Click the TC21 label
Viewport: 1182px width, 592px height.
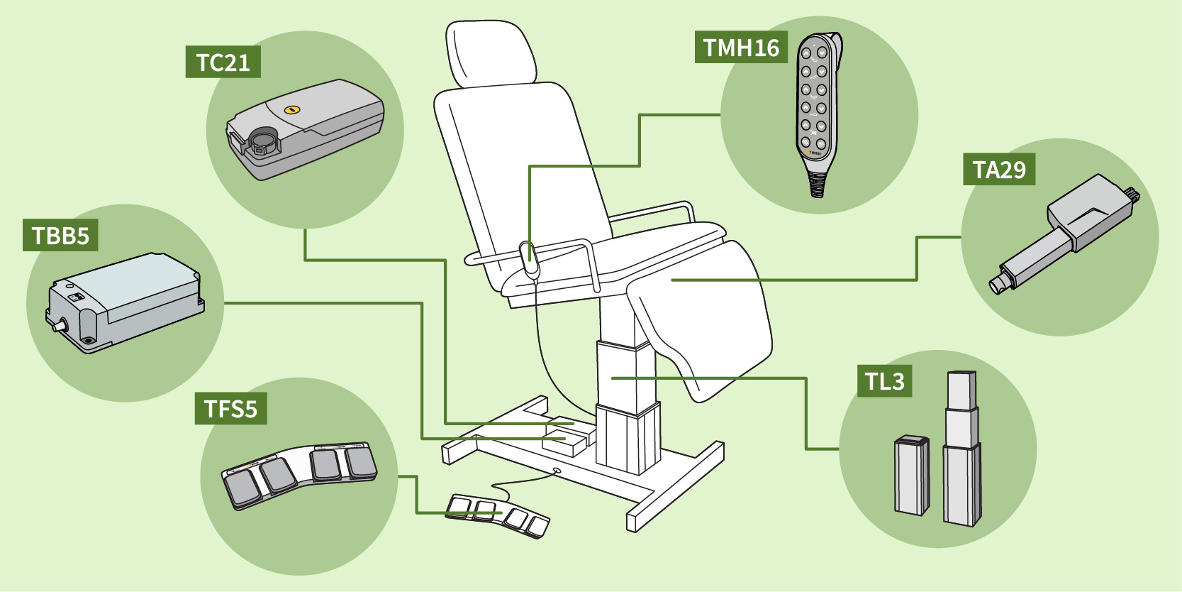tap(223, 62)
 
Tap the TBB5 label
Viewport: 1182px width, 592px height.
tap(60, 235)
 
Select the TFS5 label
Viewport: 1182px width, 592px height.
tap(230, 409)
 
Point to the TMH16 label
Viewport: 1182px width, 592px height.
tap(741, 48)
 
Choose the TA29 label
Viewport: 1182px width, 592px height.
tap(998, 170)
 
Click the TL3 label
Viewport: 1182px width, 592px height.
tap(884, 381)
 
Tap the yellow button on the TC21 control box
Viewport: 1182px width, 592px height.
tap(291, 110)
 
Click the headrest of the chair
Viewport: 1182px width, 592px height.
tap(491, 55)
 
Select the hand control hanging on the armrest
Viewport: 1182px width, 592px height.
tap(530, 258)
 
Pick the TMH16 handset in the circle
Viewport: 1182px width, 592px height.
tap(817, 106)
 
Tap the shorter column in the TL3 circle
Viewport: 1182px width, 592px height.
tap(911, 474)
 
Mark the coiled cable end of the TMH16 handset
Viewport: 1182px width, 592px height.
tap(817, 185)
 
